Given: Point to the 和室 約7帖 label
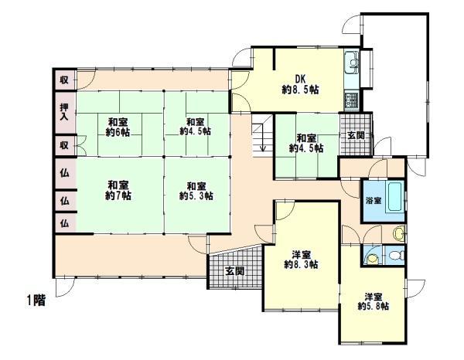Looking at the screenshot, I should point(118,189).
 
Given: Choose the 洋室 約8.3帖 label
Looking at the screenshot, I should point(301,260).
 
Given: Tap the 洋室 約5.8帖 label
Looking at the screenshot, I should point(374,301).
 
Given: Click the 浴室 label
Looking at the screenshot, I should point(372,199).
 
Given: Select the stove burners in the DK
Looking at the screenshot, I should point(351,99).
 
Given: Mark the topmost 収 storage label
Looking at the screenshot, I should point(64,80).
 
